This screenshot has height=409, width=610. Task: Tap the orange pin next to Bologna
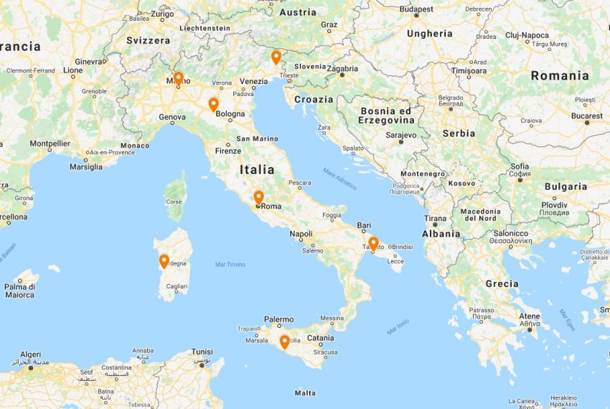213,105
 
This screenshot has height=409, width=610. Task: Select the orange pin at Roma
258,197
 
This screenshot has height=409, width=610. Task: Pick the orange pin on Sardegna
164,261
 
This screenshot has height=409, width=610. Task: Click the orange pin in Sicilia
284,342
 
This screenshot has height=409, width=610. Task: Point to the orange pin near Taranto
372,243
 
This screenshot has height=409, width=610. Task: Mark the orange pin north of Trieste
276,57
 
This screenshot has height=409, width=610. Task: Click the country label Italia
257,170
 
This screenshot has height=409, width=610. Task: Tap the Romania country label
560,75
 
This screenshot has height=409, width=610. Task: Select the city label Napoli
301,234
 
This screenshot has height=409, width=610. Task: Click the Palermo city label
278,319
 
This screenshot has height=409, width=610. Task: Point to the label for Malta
305,392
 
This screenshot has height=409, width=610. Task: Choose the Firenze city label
228,151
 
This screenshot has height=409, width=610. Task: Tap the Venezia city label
253,82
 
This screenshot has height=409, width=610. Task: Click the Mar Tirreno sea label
230,265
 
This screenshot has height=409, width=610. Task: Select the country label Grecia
502,283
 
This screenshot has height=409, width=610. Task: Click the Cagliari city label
176,286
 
